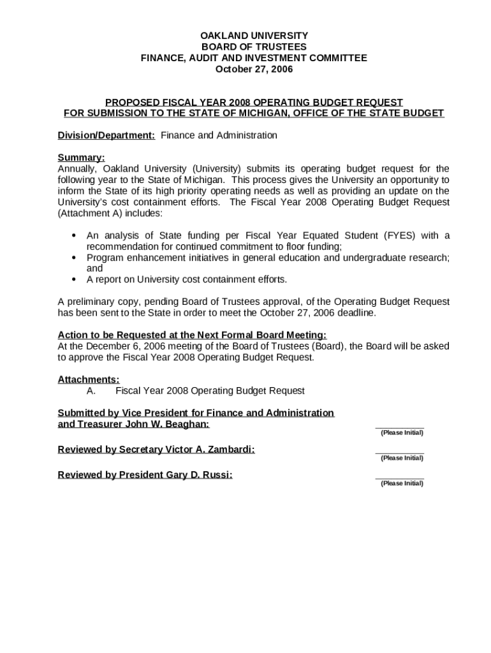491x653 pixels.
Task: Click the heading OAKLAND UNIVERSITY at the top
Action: coord(254,36)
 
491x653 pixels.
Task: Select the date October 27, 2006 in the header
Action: coord(254,69)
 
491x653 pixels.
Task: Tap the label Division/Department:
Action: coord(106,135)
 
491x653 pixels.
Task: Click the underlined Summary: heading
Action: coord(81,158)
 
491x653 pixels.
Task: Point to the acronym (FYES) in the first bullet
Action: coord(399,235)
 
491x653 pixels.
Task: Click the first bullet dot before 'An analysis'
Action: coord(73,236)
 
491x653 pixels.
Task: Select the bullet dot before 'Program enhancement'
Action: coord(73,258)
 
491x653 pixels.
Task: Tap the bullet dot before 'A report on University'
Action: coord(73,279)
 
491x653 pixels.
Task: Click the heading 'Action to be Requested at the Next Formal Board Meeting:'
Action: coord(192,335)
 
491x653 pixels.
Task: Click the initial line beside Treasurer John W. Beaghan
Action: coord(399,427)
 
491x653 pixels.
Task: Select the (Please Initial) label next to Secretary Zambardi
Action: coord(402,458)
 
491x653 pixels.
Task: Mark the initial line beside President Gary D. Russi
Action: coord(399,478)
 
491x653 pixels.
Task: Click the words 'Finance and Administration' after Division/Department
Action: coord(219,135)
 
